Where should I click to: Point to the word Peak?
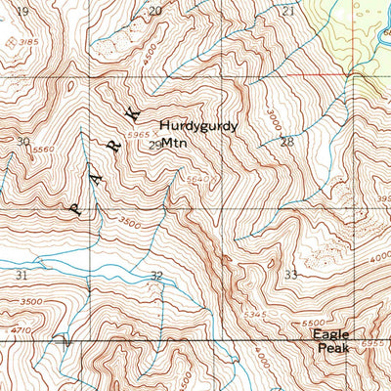(330, 348)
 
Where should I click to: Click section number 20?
(155, 12)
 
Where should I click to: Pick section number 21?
(287, 12)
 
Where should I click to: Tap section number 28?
(286, 143)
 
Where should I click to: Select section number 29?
(154, 146)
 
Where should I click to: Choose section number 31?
(22, 277)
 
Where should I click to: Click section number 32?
(155, 276)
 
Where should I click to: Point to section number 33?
(290, 276)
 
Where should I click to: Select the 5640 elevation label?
(197, 179)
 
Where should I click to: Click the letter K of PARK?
(131, 114)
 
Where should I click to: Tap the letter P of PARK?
(72, 207)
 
